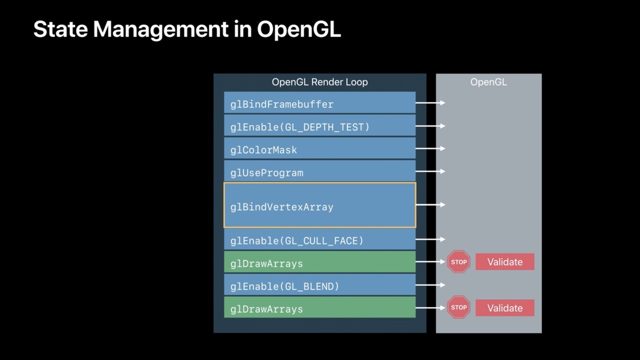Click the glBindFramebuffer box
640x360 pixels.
coord(319,102)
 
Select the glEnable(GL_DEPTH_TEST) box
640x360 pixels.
coord(319,125)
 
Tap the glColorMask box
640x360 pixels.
coord(319,148)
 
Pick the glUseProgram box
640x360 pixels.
coord(319,171)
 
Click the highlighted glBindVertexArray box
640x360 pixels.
coord(319,205)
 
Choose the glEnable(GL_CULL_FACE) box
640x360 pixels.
coord(319,239)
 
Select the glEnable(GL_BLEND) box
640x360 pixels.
coord(319,285)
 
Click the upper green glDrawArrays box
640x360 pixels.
coord(319,262)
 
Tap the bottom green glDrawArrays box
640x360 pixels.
coord(319,307)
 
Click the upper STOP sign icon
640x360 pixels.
coord(458,261)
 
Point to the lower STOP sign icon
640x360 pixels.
coord(458,307)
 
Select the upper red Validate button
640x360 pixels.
coord(504,261)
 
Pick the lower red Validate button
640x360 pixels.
coord(504,307)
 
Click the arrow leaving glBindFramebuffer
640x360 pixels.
coord(430,102)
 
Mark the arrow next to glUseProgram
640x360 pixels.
coord(430,171)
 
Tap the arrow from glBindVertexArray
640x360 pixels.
coord(430,204)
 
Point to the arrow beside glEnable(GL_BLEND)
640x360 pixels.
coord(430,285)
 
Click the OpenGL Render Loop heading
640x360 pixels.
coord(319,82)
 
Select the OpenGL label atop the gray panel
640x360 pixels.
coord(488,82)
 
